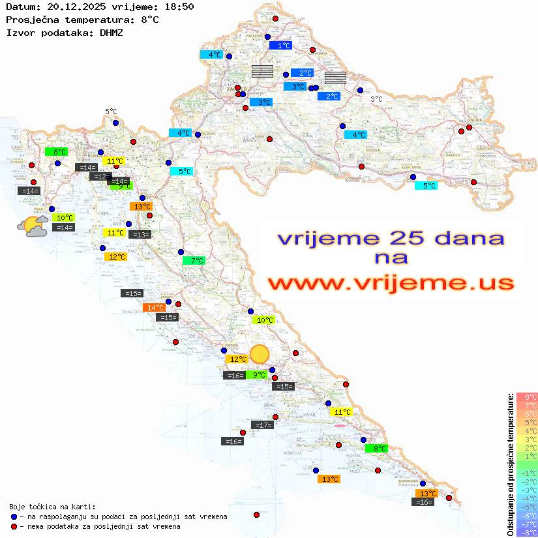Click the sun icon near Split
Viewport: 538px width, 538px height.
[260, 354]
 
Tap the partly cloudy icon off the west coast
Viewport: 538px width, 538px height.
[32, 226]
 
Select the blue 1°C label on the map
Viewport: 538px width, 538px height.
[281, 46]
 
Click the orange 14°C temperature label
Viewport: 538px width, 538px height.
[155, 308]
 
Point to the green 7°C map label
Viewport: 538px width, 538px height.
[194, 261]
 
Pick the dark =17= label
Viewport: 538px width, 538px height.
[262, 425]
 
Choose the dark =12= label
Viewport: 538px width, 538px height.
[100, 177]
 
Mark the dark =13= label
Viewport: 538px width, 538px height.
[140, 235]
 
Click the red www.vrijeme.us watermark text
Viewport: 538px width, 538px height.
[391, 284]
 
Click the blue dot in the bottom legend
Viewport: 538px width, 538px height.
[14, 516]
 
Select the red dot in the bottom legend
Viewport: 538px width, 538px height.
[14, 526]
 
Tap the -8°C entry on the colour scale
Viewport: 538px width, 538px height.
[526, 533]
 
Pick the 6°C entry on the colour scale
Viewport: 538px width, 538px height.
[527, 414]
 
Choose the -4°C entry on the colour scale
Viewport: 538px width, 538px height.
[526, 499]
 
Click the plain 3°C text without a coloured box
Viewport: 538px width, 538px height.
[376, 99]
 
